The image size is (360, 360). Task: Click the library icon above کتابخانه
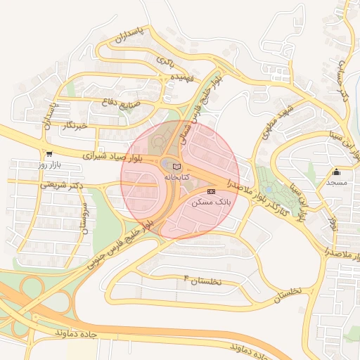click(176, 166)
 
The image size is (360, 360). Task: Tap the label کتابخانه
click(176, 177)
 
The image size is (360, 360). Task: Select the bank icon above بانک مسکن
click(211, 191)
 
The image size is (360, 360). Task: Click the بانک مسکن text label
click(212, 202)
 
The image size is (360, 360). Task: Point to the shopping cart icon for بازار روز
click(49, 154)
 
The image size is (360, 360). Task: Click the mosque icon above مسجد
click(336, 172)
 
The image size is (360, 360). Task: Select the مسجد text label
click(336, 182)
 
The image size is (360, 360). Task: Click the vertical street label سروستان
click(84, 218)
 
